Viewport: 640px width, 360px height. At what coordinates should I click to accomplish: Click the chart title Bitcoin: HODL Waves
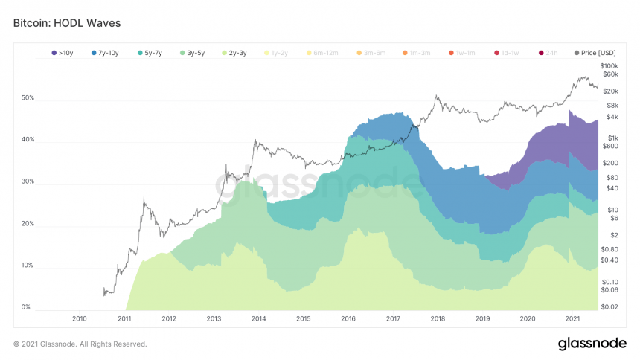coord(67,23)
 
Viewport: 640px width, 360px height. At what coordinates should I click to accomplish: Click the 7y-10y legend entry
coord(105,53)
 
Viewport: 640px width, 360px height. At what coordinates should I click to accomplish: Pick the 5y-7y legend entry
coord(150,53)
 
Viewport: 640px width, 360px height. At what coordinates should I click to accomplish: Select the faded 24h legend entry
coord(548,53)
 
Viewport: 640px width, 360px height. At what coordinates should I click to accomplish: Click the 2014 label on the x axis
coord(258,318)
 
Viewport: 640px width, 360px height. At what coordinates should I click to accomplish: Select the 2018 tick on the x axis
coord(438,318)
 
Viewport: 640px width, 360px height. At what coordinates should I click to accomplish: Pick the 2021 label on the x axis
coord(572,318)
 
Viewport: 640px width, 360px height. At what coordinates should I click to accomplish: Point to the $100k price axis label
coord(610,66)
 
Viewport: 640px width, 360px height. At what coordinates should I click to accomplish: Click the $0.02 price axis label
coord(610,306)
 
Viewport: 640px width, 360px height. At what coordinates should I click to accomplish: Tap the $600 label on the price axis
coord(610,146)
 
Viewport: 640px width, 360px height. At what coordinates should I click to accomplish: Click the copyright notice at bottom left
coord(80,344)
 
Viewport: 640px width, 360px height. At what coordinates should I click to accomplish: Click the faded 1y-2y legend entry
coord(281,53)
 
